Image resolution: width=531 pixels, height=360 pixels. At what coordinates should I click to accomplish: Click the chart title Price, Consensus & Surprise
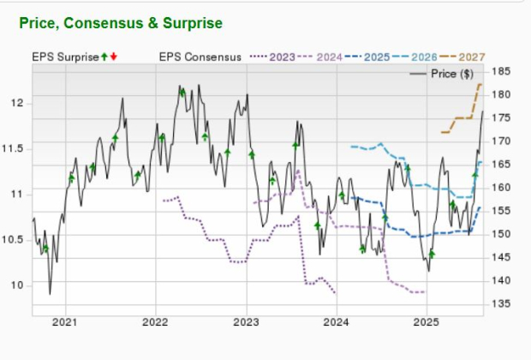pos(123,21)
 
